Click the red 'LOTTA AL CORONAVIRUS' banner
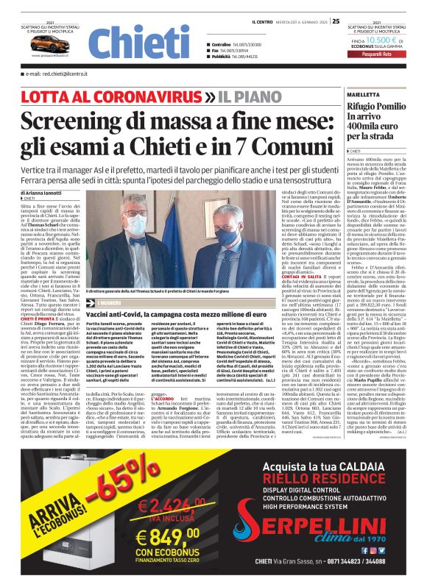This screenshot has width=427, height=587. point(110,97)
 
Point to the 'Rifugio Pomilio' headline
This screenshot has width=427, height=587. point(376,109)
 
